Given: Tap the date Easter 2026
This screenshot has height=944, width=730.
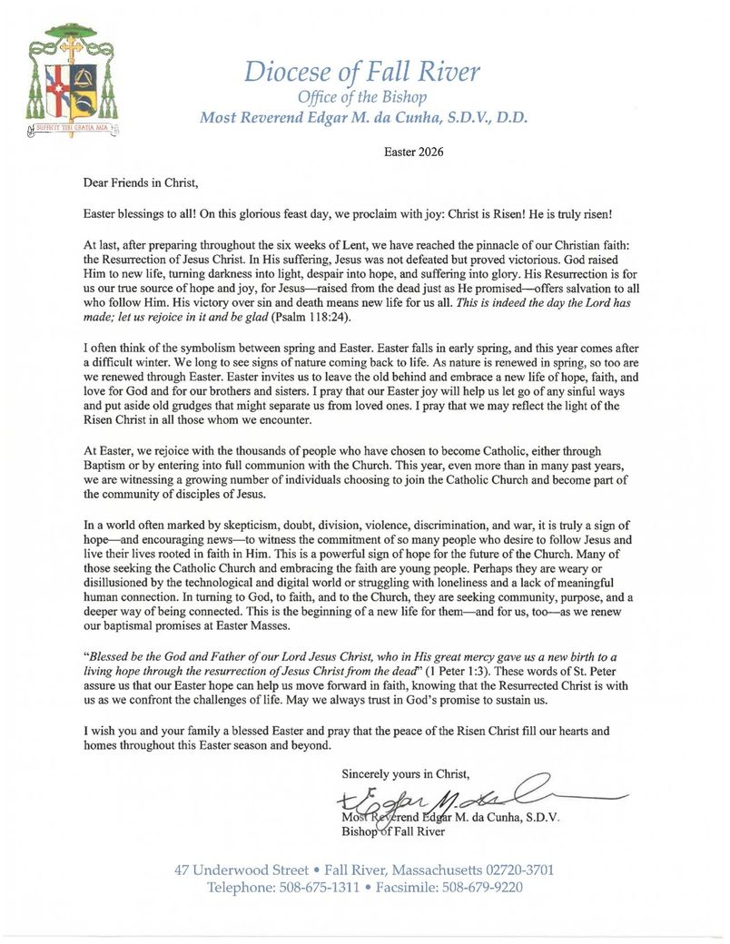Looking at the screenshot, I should coord(414,152).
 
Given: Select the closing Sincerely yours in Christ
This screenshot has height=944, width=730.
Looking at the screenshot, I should coord(406,774).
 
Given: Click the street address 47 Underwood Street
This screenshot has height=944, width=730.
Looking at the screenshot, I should coord(242,870).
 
